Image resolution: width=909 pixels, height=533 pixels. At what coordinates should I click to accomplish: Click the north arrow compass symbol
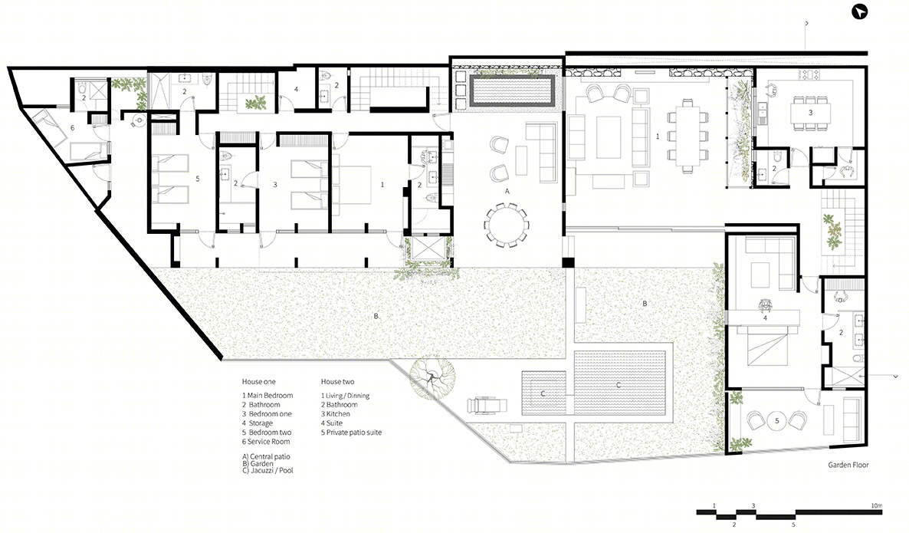tap(859, 12)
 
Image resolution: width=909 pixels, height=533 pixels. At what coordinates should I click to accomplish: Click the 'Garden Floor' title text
tap(848, 465)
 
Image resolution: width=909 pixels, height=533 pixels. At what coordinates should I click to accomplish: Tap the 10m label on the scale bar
tap(877, 505)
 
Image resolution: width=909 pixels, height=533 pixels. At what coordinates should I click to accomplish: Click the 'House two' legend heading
tap(337, 382)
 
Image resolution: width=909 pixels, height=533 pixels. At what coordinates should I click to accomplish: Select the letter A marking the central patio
tap(507, 191)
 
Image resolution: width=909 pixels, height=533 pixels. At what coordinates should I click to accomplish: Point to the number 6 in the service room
tap(73, 127)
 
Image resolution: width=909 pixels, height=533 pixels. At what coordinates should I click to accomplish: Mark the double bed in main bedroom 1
tap(351, 185)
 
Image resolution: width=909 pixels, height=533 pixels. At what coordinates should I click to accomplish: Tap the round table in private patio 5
tap(777, 420)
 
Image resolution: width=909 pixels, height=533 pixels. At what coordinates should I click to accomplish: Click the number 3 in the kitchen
tap(810, 113)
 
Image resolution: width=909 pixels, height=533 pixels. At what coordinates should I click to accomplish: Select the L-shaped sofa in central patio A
tap(543, 152)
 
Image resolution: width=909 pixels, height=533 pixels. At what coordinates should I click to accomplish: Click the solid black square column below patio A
tap(568, 262)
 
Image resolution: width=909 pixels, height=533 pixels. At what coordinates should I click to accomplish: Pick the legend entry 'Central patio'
tap(266, 456)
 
